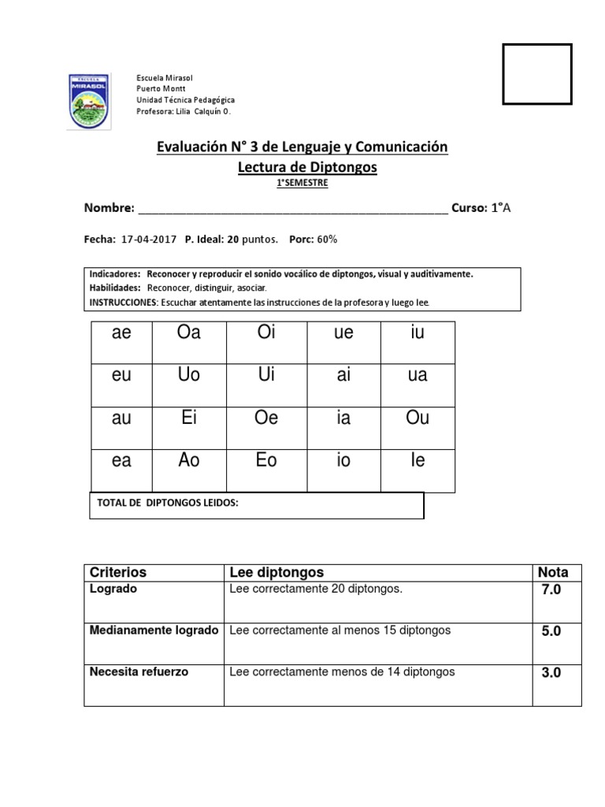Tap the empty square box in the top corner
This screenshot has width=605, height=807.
[536, 74]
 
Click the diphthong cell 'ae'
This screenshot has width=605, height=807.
[121, 333]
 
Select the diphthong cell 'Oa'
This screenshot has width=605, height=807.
[190, 333]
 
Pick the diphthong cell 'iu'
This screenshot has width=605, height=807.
[418, 333]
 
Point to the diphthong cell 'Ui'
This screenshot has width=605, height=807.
[267, 375]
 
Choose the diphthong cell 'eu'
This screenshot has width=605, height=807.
[121, 376]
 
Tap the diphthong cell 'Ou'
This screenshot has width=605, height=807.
[418, 418]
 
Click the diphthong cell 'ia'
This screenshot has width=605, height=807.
[343, 418]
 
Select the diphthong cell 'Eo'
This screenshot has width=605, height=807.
[267, 460]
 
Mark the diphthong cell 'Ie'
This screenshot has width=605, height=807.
[418, 460]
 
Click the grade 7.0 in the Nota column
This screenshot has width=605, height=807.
[551, 590]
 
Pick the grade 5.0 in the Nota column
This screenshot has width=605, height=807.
[551, 632]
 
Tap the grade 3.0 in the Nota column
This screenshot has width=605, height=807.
[551, 674]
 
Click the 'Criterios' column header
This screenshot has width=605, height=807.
[118, 572]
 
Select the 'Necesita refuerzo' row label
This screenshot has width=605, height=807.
[139, 672]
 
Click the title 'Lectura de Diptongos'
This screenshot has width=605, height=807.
[307, 167]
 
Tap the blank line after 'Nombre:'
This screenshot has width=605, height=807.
[292, 209]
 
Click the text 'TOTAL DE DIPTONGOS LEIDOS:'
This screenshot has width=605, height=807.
[167, 503]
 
